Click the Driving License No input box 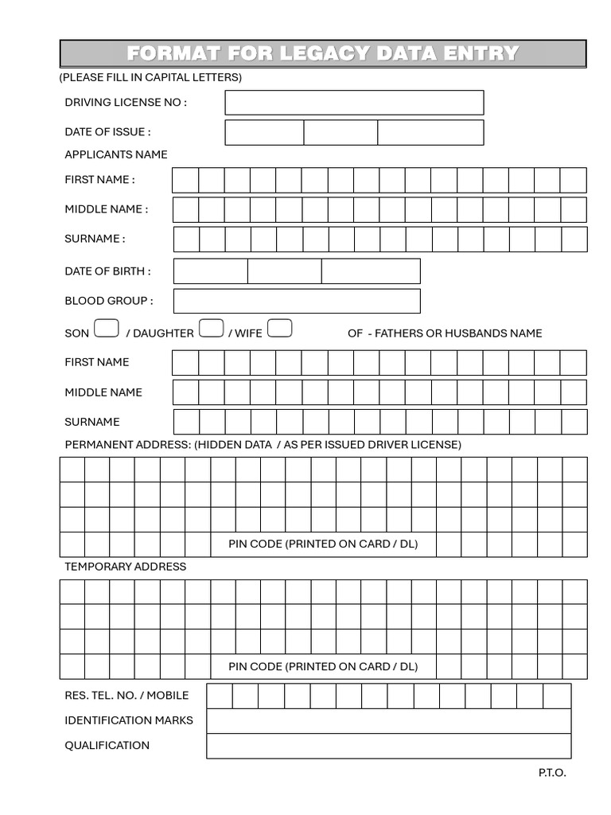coord(354,103)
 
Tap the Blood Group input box coord(296,301)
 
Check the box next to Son coord(107,329)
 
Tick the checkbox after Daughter coord(210,329)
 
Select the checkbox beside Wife coord(280,329)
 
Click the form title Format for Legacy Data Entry coord(323,53)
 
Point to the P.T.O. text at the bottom coord(552,773)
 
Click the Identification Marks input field coord(388,720)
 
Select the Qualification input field coord(388,746)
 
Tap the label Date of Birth coord(107,271)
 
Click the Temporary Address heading coord(125,567)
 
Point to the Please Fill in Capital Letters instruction coord(150,77)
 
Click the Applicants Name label coord(116,154)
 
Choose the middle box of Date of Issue coord(341,132)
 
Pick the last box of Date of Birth coord(371,271)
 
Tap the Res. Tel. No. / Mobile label coord(126,696)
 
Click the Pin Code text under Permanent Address coord(323,544)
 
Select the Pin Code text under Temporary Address coord(323,667)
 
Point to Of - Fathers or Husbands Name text coord(445,333)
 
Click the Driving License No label coord(126,103)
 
